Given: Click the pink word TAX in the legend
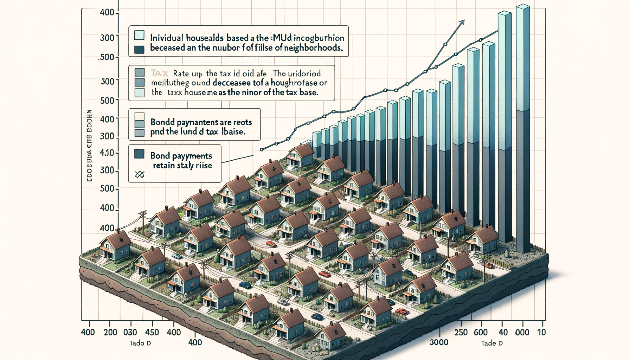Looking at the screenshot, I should pos(160,73).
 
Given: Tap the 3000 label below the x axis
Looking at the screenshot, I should pos(439,342).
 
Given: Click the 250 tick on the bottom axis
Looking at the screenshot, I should pos(461,332).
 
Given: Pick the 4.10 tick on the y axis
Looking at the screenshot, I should pos(107,153).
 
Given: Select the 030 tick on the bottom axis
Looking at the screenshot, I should pos(130,332).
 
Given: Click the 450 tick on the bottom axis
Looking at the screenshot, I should pos(152,332).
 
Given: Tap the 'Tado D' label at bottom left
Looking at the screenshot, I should pos(140,343).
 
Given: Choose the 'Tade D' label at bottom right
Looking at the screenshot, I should pos(492,343).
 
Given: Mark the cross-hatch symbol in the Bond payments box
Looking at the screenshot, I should pos(140,174).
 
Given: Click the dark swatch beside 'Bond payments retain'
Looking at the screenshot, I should pos(139,154).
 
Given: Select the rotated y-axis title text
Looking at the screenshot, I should pos(89,145).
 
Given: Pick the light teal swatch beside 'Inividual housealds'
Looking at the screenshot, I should pos(139,35).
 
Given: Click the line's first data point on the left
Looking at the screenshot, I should pos(262,149).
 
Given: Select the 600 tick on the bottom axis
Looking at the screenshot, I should pos(480,332).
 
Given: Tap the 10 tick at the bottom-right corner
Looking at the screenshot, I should pos(541,332).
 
